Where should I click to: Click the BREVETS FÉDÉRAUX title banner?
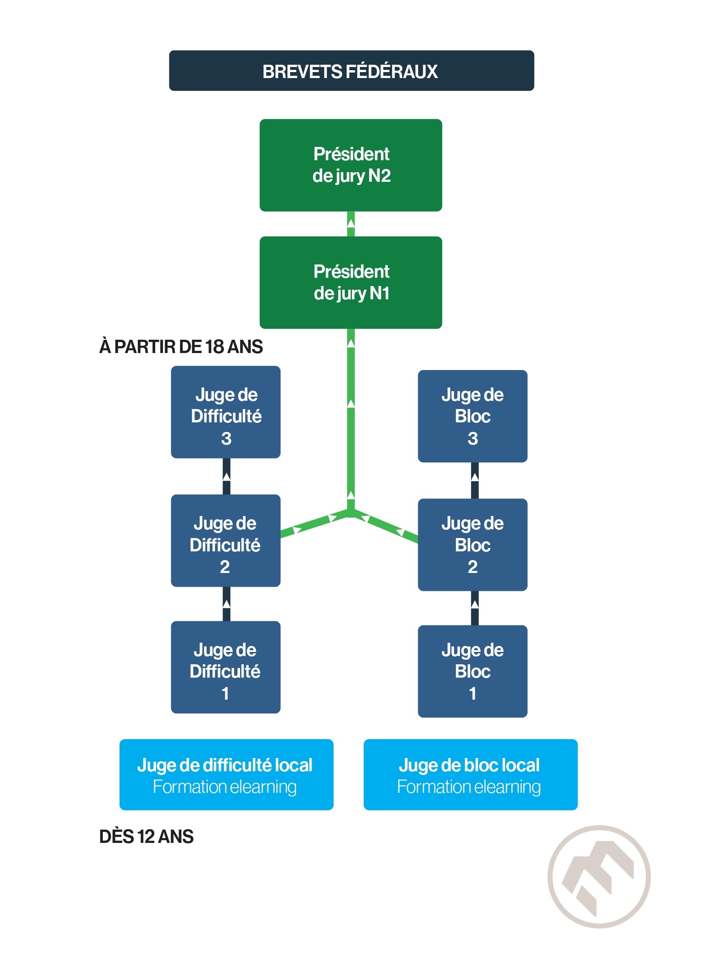[351, 71]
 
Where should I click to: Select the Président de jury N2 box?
[351, 165]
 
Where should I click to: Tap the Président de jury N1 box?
[351, 282]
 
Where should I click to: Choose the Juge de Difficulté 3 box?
[225, 412]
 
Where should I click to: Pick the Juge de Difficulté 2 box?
[225, 540]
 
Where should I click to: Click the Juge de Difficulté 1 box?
[225, 667]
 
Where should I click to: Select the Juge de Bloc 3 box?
[472, 416]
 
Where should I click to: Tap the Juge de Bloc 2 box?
[472, 544]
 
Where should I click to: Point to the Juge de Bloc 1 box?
[472, 671]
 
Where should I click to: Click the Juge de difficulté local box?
[226, 774]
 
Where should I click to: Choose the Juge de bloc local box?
[471, 774]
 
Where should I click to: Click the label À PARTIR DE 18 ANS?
[181, 347]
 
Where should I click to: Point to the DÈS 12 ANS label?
[146, 836]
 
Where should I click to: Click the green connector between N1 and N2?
[351, 224]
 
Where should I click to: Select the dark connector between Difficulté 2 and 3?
[226, 477]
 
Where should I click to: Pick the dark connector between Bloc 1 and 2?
[475, 608]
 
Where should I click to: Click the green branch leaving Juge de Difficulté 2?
[315, 523]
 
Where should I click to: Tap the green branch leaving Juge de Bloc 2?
[385, 526]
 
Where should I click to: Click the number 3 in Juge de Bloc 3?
[473, 438]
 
